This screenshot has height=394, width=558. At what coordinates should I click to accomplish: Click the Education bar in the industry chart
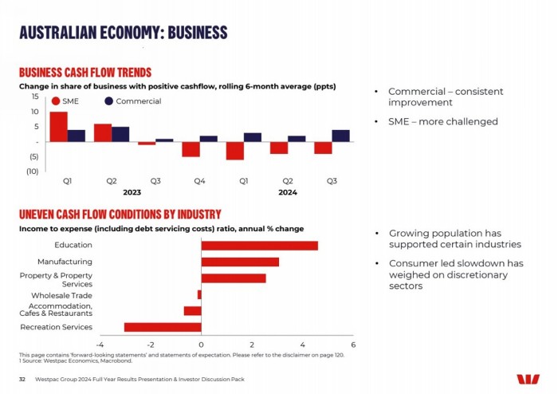(259, 246)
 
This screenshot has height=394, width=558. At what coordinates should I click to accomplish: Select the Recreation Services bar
(163, 327)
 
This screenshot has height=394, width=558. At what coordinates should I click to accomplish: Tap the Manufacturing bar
(240, 262)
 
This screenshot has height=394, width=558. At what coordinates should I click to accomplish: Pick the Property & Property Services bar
(233, 278)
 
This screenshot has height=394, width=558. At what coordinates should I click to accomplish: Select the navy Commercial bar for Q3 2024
(340, 136)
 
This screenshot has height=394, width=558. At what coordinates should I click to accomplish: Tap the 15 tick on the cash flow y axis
(34, 96)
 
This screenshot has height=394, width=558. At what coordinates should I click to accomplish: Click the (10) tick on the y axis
(32, 171)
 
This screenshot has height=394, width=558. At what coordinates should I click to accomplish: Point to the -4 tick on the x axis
(100, 345)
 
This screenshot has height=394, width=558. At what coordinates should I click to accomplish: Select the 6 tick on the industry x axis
(353, 345)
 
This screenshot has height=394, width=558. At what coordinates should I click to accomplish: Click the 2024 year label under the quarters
(288, 192)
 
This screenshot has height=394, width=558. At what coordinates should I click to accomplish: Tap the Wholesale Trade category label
(61, 295)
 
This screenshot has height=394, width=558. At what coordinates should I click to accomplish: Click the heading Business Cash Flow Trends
(84, 73)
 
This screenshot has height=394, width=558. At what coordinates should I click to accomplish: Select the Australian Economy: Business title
(123, 33)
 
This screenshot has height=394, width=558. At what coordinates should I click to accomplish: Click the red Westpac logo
(528, 380)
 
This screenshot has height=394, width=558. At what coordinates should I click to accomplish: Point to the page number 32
(22, 380)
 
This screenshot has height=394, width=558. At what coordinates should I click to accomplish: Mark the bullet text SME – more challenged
(442, 122)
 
